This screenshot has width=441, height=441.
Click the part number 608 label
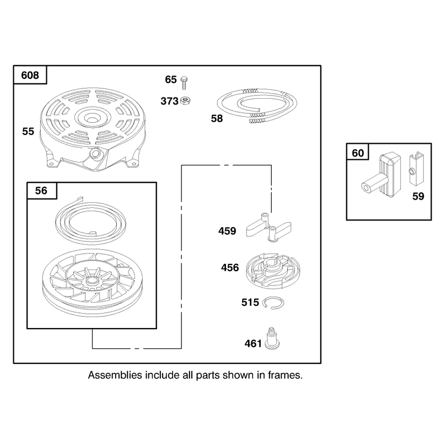click(30, 76)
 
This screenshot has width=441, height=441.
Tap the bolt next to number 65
click(184, 83)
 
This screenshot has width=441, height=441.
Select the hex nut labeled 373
click(185, 101)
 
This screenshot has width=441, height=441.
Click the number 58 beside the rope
click(217, 119)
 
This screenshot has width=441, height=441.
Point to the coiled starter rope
click(257, 105)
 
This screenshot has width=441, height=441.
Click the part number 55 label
click(28, 131)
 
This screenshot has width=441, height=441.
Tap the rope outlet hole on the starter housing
click(95, 153)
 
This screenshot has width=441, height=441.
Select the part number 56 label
click(41, 191)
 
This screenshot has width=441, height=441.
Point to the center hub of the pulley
click(92, 280)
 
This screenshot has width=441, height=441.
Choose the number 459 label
click(227, 231)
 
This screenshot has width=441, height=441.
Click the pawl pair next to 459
click(268, 228)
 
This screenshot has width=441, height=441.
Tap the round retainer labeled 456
click(273, 271)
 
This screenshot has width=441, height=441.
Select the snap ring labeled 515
click(273, 303)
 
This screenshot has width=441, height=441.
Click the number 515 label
click(250, 302)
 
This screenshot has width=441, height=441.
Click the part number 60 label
click(358, 153)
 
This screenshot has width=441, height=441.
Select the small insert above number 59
click(416, 169)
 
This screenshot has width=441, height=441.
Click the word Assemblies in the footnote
click(115, 375)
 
